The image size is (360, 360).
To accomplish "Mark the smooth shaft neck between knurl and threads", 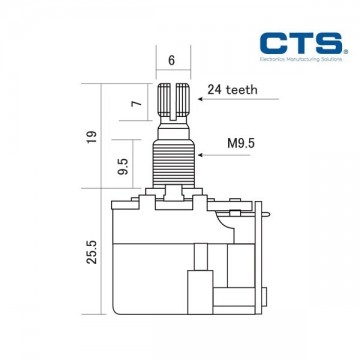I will tap(172, 128).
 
